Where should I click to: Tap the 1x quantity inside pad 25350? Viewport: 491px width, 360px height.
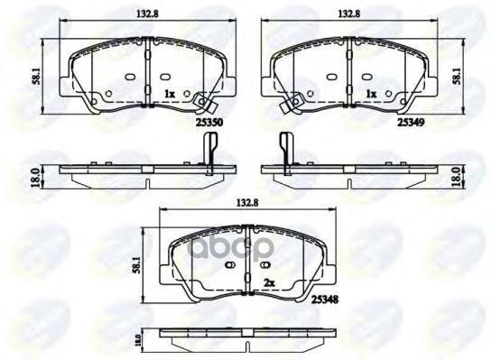[169, 94]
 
